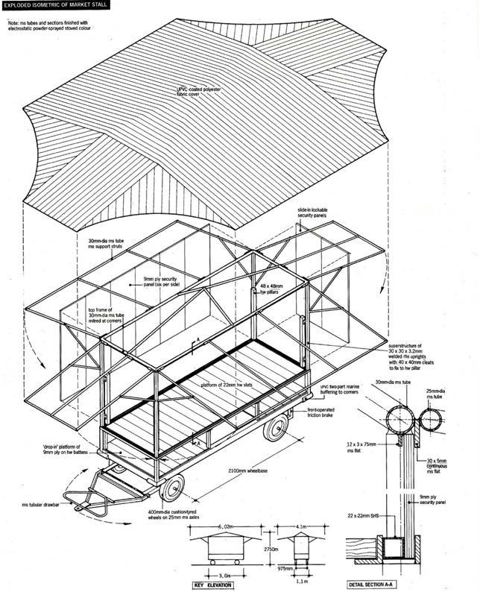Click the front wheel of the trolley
[173, 488]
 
